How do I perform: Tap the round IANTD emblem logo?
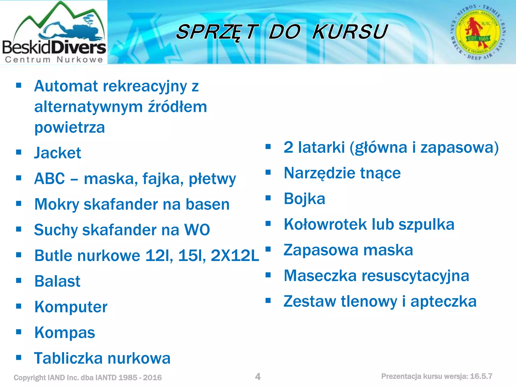(478, 32)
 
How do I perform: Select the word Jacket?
(58, 153)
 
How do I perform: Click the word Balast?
(57, 281)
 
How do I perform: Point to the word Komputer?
(71, 307)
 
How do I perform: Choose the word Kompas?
(65, 333)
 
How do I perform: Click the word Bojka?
(304, 199)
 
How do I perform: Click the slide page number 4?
(258, 376)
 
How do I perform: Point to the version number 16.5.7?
(481, 376)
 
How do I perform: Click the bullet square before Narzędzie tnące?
(268, 172)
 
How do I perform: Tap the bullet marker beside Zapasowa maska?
(268, 249)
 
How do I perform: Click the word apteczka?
(443, 301)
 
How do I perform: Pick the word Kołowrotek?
(325, 224)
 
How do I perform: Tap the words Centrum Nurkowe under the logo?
(54, 60)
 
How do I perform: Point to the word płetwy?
(212, 179)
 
